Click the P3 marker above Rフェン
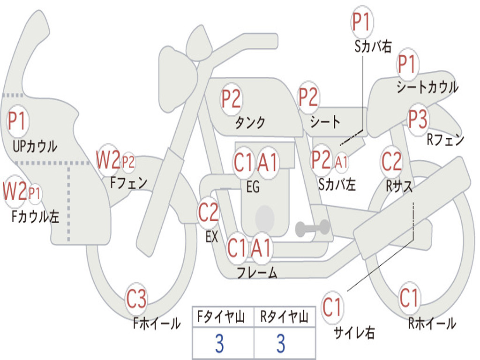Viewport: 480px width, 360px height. point(418,120)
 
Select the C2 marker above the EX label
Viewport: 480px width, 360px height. point(209,212)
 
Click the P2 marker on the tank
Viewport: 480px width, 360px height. point(232,99)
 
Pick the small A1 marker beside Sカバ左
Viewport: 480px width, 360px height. point(341,162)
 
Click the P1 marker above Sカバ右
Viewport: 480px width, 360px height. point(362,22)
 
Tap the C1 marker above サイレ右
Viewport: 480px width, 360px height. point(332,307)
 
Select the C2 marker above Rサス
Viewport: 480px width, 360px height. point(391,161)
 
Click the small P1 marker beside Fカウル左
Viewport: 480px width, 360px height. point(34,193)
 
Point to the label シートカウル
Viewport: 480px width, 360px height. point(427,87)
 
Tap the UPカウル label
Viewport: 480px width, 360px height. point(35,146)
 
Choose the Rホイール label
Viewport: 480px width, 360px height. point(432,323)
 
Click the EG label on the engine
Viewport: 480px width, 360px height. point(253,187)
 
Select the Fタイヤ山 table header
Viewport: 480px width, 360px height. point(221,316)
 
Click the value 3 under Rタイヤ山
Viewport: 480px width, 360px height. point(281,343)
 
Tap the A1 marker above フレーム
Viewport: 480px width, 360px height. point(262,247)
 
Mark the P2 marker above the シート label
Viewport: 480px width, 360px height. point(308,97)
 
